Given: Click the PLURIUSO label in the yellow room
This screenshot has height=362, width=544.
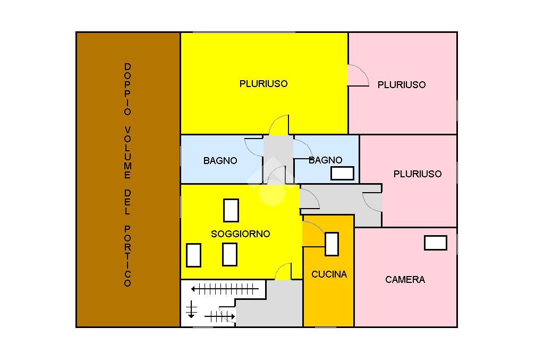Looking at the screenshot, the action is (263, 83).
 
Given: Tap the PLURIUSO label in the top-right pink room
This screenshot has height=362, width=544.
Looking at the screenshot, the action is (402, 84).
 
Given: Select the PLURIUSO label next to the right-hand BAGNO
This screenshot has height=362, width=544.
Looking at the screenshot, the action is (418, 174).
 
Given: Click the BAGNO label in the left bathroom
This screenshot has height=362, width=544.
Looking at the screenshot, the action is (220, 160).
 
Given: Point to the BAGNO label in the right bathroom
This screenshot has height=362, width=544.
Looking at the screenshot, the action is (326, 160).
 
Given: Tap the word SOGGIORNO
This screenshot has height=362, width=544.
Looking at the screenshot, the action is (241, 234).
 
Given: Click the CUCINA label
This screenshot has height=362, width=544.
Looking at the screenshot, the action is (329, 274).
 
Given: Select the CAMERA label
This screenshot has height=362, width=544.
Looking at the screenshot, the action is (405, 280).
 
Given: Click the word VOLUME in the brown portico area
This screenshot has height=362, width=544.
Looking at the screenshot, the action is (127, 152).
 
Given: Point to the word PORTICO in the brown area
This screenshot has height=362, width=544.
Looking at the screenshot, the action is (127, 256).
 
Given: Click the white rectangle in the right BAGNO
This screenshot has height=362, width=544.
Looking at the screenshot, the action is (343, 174).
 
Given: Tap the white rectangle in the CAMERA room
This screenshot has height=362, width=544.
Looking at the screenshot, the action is (436, 243).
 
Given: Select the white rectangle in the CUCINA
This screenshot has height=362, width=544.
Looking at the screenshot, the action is (331, 244).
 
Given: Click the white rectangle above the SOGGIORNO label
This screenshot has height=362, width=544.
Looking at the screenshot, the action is (231, 211).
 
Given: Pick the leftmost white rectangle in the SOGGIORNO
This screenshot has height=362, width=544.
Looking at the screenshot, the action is (193, 255).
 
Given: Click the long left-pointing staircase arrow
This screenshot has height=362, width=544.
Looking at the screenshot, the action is (225, 289).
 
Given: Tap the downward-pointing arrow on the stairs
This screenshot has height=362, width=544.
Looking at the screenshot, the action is (191, 309).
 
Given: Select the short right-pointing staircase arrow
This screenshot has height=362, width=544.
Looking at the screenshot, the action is (219, 316).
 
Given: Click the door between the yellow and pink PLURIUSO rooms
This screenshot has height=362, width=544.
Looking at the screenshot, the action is (358, 75).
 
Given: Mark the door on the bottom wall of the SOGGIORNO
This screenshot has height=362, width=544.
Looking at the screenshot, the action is (283, 271).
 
